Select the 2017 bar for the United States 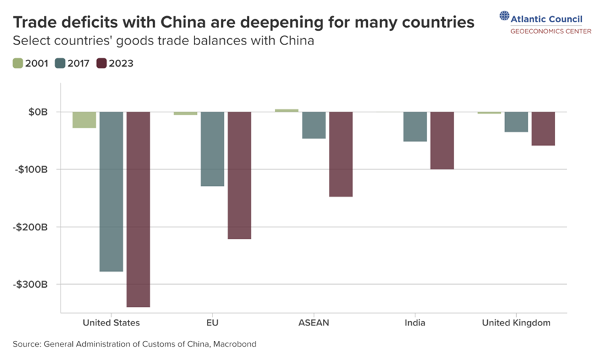(x=111, y=191)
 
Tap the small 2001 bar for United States (x=84, y=120)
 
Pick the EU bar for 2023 (x=240, y=175)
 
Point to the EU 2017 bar (x=212, y=149)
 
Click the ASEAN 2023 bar (x=341, y=154)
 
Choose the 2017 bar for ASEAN (x=314, y=125)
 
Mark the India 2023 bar (x=442, y=140)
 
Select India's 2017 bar (x=415, y=127)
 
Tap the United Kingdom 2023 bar (x=543, y=128)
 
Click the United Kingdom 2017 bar (x=516, y=122)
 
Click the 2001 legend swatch (x=17, y=63)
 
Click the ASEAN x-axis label (x=313, y=323)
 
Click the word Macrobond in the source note (x=235, y=344)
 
